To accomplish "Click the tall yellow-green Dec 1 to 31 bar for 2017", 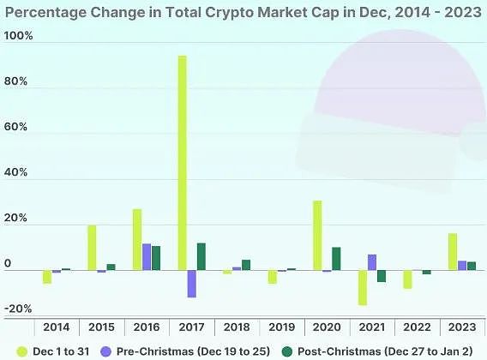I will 182,163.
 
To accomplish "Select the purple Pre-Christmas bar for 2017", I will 191,284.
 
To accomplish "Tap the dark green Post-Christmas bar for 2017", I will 201,257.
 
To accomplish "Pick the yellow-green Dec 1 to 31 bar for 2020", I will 317,236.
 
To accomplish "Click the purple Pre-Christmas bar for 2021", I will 371,262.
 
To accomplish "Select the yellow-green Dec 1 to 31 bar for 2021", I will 362,287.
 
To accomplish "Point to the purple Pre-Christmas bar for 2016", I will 147,257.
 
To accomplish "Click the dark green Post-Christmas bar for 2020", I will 336,259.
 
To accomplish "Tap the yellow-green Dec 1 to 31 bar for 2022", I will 407,279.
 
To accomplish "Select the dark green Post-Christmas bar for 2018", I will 246,265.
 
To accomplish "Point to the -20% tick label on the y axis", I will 18,309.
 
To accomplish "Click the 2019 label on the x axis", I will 281,327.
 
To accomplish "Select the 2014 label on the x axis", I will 56,327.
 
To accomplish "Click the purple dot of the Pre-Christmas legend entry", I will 105,351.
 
